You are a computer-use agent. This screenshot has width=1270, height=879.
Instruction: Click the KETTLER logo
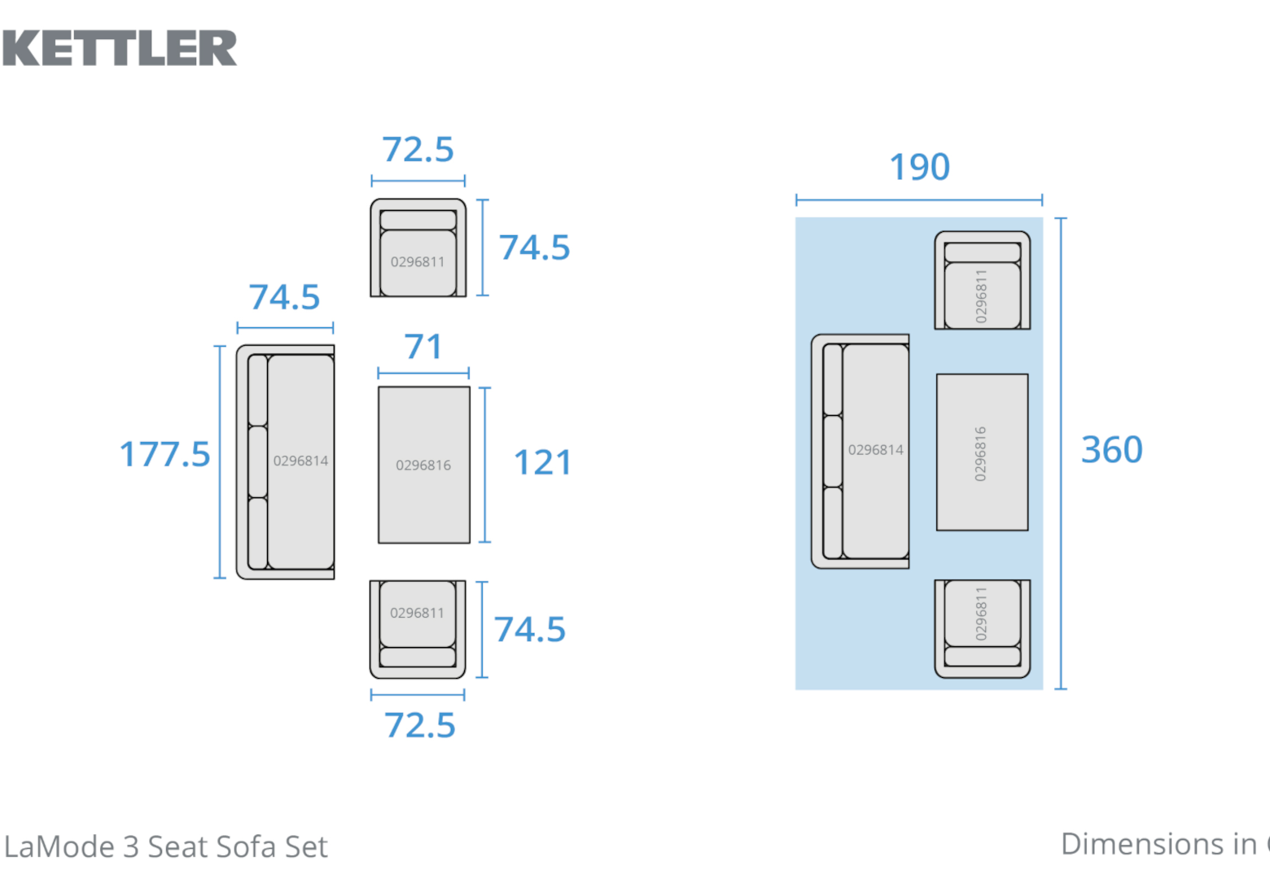point(120,48)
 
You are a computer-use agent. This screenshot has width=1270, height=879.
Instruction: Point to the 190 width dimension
point(919,167)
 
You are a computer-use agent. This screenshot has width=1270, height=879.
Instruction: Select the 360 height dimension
point(1111,449)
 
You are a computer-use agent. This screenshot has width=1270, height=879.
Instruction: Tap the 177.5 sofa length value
point(164,454)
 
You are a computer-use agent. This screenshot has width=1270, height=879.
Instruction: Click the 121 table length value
point(542,462)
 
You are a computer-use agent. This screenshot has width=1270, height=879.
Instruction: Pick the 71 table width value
point(423,347)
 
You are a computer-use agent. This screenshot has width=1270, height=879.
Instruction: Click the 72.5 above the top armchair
point(418,150)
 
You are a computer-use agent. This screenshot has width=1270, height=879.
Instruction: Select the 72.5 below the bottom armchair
point(419,725)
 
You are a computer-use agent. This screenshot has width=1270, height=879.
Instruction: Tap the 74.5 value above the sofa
point(284,297)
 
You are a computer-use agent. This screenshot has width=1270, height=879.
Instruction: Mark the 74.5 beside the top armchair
point(534,247)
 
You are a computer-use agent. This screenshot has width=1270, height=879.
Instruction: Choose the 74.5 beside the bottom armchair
point(530,629)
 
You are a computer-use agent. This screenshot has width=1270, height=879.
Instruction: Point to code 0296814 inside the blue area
point(875,450)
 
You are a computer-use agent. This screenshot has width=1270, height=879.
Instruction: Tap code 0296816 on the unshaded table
point(423,466)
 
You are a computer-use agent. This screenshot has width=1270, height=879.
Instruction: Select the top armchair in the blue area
point(982,281)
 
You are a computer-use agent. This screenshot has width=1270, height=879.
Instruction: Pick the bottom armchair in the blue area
point(982,628)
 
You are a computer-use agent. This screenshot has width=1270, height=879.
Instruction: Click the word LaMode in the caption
point(59,847)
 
